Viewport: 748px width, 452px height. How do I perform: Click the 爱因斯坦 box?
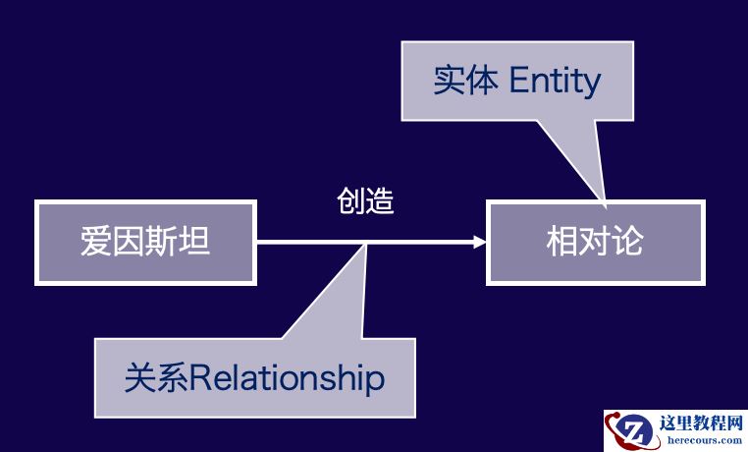(x=145, y=242)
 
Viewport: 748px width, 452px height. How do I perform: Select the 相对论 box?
(x=595, y=242)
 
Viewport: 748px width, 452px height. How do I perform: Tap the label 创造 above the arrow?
(x=365, y=201)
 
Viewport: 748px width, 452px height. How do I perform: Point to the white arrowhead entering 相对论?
(x=479, y=242)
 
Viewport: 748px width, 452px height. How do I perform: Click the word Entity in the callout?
(x=555, y=81)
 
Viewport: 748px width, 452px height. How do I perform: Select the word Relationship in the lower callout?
(x=287, y=378)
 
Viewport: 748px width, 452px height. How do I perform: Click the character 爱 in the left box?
(x=96, y=242)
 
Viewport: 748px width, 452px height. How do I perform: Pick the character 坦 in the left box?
(x=194, y=242)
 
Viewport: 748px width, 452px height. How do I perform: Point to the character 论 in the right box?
(x=627, y=242)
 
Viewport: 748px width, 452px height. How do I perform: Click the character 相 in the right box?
(x=562, y=242)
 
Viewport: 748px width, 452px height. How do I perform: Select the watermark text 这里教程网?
(x=700, y=424)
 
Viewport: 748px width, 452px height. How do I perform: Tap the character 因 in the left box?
(x=129, y=242)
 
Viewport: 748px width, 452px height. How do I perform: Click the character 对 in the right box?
(x=595, y=242)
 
